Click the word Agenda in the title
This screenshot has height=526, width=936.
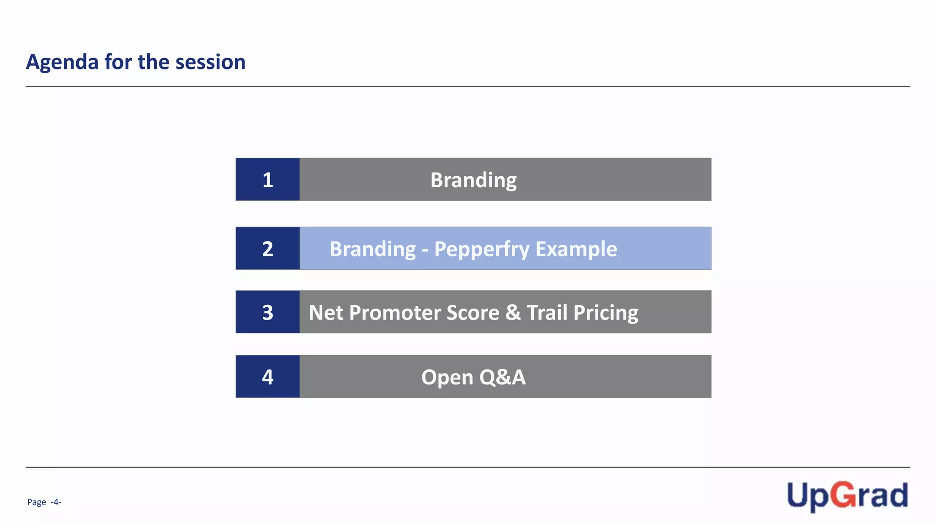point(62,62)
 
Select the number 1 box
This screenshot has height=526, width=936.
point(268,179)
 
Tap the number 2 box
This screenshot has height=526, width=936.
point(268,248)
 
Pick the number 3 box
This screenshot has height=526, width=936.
point(268,312)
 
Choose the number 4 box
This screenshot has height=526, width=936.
point(268,377)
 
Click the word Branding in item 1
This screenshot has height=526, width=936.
point(473,180)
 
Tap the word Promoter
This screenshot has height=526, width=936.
point(394,313)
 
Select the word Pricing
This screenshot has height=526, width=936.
point(606,313)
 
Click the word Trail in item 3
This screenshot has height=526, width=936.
point(547,313)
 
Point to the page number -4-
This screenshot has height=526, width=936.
point(56,502)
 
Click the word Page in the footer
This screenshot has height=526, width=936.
point(37,502)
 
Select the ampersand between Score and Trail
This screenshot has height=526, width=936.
point(513,313)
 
